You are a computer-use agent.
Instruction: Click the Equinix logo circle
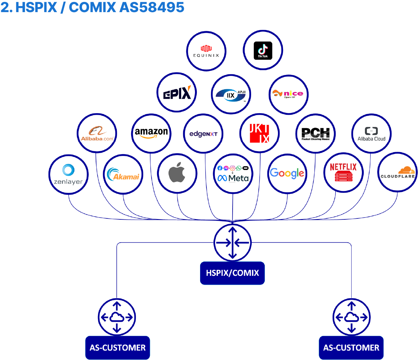tap(206, 51)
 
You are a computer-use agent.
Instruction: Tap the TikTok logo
tap(263, 50)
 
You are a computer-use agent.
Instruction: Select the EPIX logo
tap(177, 92)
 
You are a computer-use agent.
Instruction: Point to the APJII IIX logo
tap(231, 94)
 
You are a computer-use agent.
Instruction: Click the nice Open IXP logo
tap(288, 94)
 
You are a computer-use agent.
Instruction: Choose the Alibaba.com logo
tap(97, 133)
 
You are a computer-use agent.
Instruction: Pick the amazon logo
tap(151, 133)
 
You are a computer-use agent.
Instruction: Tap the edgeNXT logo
tap(203, 134)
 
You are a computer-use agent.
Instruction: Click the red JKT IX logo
tap(259, 133)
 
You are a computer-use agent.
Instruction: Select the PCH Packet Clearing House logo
tap(316, 134)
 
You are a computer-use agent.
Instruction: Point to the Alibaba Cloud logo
tap(371, 134)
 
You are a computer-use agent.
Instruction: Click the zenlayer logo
tap(68, 174)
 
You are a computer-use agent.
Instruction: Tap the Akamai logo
tap(123, 174)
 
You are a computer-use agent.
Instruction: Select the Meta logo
tap(233, 174)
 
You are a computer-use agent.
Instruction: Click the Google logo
tap(287, 173)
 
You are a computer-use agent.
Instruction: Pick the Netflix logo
tap(343, 173)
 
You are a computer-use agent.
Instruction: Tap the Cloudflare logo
tap(398, 173)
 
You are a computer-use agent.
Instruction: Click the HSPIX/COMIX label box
tap(232, 273)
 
